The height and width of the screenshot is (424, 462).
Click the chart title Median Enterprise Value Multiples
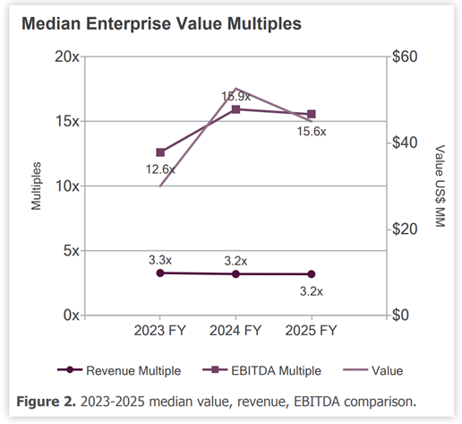pos(161,23)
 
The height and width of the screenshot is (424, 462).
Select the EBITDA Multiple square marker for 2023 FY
pos(160,152)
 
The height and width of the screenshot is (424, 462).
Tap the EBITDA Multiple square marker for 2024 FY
pos(235,109)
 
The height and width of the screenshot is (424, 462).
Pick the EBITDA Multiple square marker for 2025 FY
pos(312,114)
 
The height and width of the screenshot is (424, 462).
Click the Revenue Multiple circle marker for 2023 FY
pos(160,273)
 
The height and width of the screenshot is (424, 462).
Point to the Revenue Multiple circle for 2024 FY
pos(235,274)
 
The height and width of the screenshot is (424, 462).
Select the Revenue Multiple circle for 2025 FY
pos(312,274)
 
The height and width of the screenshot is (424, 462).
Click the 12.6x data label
pos(160,169)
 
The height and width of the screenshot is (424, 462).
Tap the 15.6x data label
pos(312,132)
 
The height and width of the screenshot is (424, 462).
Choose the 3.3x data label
pos(160,260)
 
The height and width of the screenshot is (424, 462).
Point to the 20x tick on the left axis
pos(67,56)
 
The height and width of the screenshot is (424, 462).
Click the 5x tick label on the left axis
pos(72,251)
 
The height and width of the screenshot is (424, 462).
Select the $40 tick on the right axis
pos(405,143)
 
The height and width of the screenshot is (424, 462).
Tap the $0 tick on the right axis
pos(400,315)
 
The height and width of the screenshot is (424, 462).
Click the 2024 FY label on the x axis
pos(235,331)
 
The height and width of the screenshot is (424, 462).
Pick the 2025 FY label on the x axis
pos(311,331)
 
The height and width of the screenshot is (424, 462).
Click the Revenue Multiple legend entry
pos(119,370)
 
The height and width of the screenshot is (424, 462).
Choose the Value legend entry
pos(373,370)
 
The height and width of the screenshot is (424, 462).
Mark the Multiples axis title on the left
pos(36,186)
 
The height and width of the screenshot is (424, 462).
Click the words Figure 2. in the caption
pos(47,402)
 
